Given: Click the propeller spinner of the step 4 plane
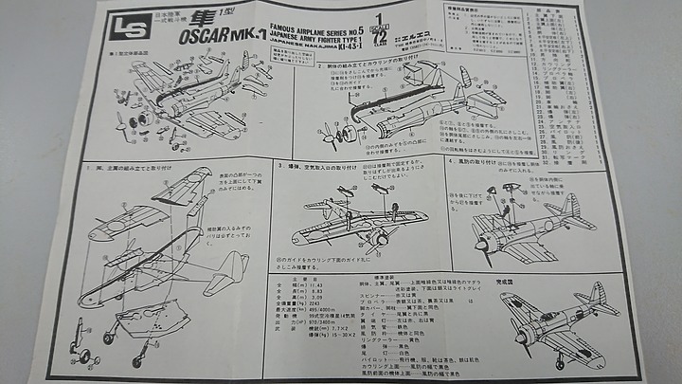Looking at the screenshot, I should (x=481, y=248).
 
